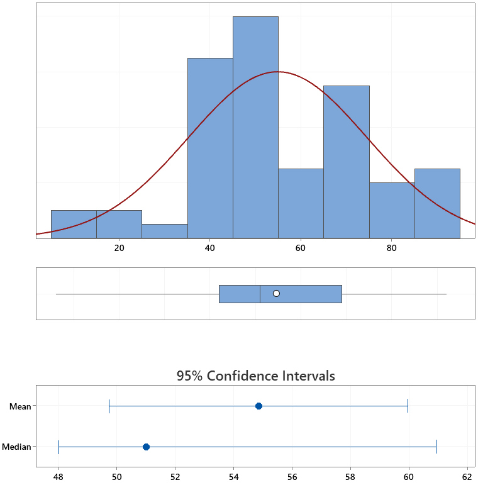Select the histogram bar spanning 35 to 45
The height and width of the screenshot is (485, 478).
click(x=210, y=148)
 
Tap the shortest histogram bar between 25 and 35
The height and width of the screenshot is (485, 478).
click(x=165, y=231)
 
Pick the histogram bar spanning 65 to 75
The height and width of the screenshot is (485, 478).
click(x=347, y=162)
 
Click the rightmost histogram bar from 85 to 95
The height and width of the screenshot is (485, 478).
click(x=437, y=203)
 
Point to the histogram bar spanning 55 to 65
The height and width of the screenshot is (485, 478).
click(x=301, y=203)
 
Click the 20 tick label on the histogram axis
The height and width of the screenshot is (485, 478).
click(x=119, y=248)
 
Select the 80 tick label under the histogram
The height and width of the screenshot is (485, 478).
click(x=392, y=248)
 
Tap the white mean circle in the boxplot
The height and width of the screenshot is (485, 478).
click(x=276, y=294)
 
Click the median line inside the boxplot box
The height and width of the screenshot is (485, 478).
click(x=260, y=294)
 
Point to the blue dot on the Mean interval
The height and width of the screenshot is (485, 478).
click(x=258, y=406)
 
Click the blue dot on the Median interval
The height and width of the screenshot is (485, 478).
click(x=146, y=447)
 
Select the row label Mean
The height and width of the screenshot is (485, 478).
click(x=20, y=406)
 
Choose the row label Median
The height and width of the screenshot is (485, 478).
click(x=16, y=447)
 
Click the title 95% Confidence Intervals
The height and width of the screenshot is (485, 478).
click(x=255, y=376)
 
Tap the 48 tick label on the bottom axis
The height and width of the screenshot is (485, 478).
click(x=58, y=477)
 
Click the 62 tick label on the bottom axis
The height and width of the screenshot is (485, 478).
click(x=467, y=477)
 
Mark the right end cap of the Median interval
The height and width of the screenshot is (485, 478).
click(x=436, y=447)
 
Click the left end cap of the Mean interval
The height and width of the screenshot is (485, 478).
click(x=109, y=406)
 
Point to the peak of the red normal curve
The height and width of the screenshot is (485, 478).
click(x=277, y=72)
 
